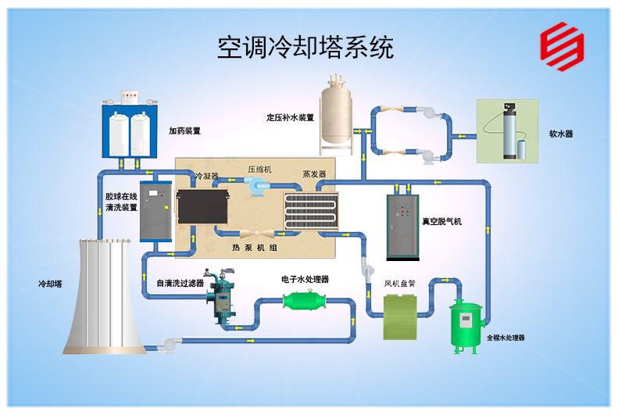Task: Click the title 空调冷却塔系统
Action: [305, 48]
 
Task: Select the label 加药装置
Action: [184, 131]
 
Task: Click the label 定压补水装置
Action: [290, 118]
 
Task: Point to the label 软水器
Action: [561, 134]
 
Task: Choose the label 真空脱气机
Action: [441, 222]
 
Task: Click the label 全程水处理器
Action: [505, 338]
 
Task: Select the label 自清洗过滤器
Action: [180, 283]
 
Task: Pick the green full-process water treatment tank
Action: [467, 325]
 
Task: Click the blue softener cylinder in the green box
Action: [511, 134]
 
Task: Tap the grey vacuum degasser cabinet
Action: [403, 226]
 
